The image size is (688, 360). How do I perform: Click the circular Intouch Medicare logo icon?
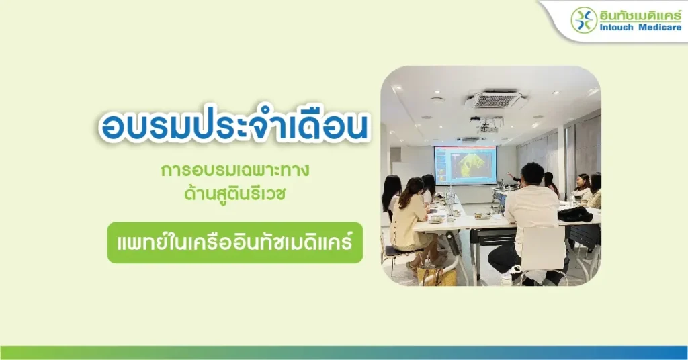click(584, 20)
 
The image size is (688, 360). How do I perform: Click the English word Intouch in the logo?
click(617, 28)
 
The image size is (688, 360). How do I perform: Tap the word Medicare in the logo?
click(660, 28)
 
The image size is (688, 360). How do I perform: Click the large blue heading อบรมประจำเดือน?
click(234, 126)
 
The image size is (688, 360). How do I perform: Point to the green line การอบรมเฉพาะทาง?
click(235, 170)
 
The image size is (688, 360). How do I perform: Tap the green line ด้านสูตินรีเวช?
click(235, 193)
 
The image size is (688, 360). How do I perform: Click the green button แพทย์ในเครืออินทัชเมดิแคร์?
click(235, 242)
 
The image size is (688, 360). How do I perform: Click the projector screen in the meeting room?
click(465, 165)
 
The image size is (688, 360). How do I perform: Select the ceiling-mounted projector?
click(487, 126)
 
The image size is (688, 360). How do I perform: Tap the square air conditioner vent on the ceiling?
click(494, 99)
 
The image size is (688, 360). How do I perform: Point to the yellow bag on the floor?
click(435, 275)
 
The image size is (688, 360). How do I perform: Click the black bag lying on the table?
click(575, 214)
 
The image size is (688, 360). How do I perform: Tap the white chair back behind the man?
click(543, 248)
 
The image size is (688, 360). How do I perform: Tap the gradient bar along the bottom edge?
click(344, 353)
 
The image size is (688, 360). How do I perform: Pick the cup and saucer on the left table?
click(435, 219)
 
